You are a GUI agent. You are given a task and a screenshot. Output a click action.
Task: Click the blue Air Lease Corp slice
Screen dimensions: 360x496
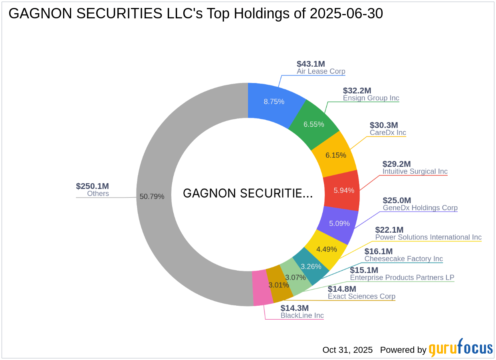[274, 101]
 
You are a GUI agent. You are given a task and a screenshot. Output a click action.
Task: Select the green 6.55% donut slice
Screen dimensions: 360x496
[313, 124]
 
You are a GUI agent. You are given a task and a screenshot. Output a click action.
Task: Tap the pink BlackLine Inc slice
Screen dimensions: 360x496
[260, 288]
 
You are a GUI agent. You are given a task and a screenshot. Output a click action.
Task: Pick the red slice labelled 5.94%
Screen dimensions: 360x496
[344, 190]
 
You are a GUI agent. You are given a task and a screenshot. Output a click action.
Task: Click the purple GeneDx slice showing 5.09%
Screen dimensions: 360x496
[339, 224]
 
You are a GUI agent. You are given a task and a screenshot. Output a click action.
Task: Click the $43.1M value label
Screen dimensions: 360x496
[311, 64]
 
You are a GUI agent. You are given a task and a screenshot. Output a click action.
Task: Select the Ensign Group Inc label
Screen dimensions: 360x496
[371, 98]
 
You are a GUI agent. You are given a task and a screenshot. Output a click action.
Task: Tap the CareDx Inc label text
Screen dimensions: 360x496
[388, 133]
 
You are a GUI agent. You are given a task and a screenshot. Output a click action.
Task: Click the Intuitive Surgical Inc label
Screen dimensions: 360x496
[415, 172]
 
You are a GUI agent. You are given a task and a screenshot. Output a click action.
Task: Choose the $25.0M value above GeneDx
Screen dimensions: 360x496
[397, 200]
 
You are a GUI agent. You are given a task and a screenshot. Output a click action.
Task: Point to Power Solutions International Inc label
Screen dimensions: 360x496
[429, 237]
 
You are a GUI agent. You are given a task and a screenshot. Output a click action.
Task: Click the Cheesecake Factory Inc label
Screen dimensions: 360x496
[403, 259]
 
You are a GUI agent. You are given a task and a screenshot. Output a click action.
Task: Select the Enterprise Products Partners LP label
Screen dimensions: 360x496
[402, 277]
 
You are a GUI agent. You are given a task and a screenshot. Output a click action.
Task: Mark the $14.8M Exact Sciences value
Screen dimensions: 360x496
[342, 289]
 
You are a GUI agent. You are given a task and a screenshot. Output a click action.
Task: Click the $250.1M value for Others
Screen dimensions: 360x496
[92, 186]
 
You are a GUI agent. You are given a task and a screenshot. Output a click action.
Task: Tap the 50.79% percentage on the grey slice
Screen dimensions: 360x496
[152, 196]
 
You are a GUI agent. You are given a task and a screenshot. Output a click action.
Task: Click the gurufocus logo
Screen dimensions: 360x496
[460, 348]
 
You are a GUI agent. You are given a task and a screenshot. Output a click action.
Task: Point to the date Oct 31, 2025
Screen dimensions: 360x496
[347, 350]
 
